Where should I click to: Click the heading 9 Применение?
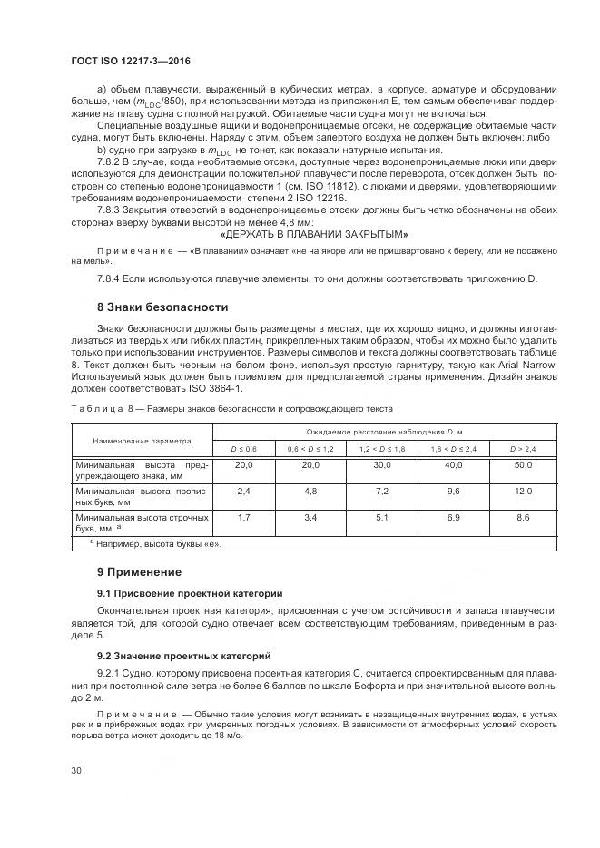[x=139, y=572]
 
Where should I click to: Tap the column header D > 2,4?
[x=523, y=449]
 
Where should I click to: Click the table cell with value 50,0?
[x=523, y=464]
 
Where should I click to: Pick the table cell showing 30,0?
[x=381, y=464]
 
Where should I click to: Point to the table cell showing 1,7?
[x=243, y=517]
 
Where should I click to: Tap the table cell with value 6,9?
[x=453, y=517]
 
